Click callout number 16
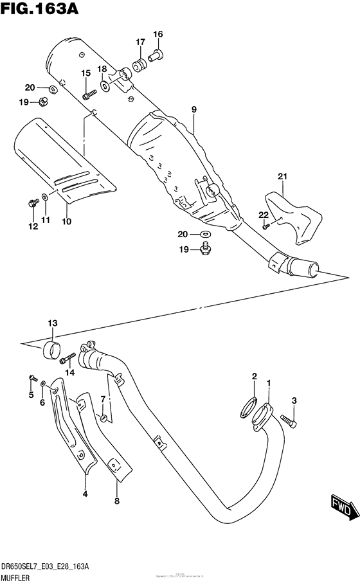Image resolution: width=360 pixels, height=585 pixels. tap(158, 34)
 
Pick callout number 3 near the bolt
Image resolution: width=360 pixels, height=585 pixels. tap(294, 401)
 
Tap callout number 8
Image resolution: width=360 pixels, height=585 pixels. tap(116, 501)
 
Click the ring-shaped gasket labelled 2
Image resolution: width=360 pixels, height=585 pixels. tap(248, 407)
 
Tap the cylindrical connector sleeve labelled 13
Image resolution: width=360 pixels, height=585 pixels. tap(51, 351)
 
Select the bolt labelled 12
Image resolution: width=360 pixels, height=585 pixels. tap(30, 204)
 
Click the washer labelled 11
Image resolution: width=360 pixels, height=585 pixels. tap(44, 197)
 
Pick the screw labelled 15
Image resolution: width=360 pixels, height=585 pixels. tap(88, 95)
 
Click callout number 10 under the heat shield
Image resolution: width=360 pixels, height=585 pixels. tap(66, 222)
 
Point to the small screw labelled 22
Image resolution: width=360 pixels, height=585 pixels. tap(265, 226)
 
